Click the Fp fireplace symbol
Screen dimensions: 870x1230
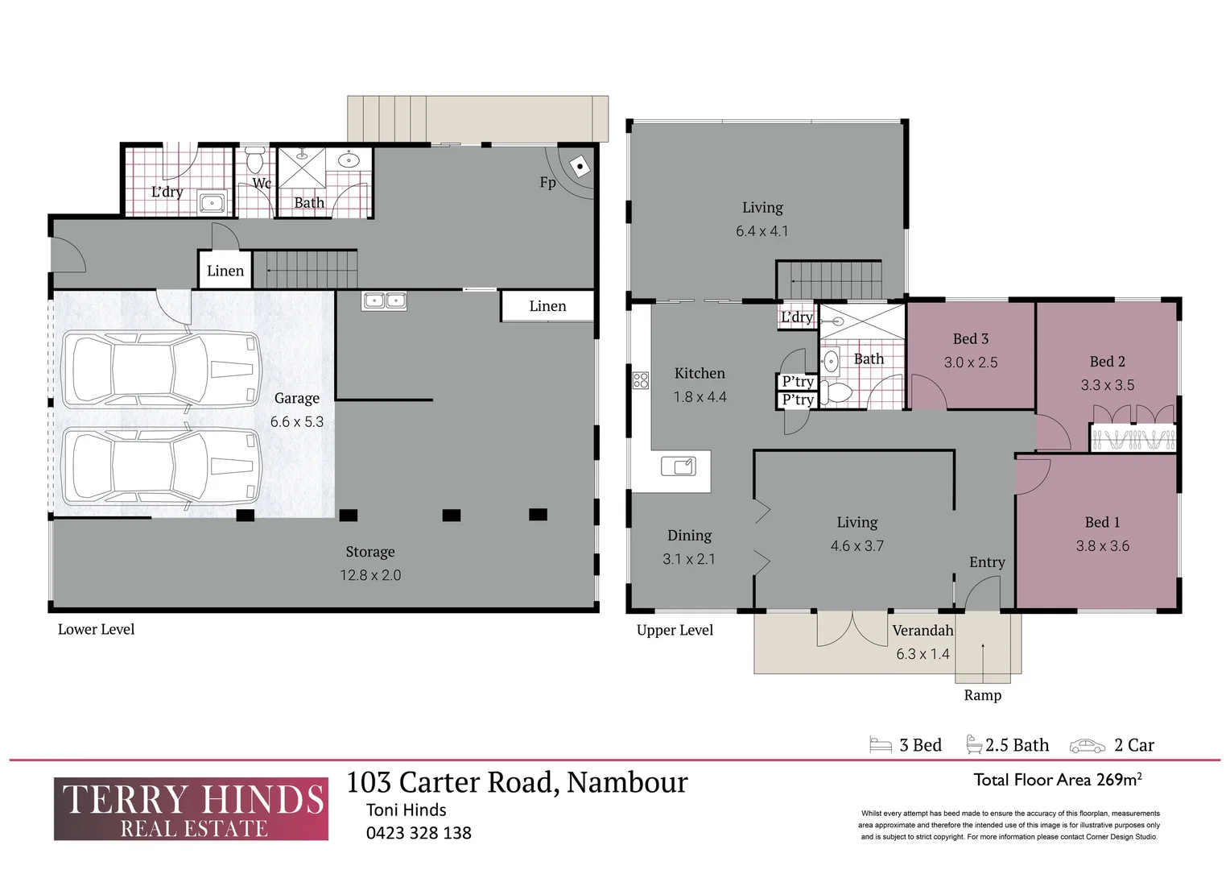(x=580, y=167)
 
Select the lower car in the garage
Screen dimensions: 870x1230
(x=161, y=466)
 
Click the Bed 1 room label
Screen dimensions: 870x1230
(x=1102, y=522)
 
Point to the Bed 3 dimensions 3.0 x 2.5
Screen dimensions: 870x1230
(x=971, y=362)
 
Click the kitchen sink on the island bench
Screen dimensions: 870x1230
(x=678, y=466)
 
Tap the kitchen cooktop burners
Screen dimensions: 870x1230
(x=641, y=380)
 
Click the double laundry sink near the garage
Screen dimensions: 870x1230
(x=384, y=300)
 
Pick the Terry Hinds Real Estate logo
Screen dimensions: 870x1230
(x=191, y=809)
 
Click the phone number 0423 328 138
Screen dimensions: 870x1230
(x=419, y=833)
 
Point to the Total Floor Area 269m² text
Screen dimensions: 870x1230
(x=1058, y=780)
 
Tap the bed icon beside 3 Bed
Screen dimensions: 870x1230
(x=881, y=745)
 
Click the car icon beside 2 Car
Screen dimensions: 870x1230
(x=1087, y=746)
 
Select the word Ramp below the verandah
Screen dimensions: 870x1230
(x=983, y=695)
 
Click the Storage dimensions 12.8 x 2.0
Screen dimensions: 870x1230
(x=370, y=575)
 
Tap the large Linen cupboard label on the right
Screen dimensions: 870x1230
(x=547, y=306)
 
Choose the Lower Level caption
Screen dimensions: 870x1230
(x=96, y=629)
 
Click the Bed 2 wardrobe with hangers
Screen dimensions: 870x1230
(x=1133, y=439)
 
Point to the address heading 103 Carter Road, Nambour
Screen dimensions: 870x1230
(x=517, y=782)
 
